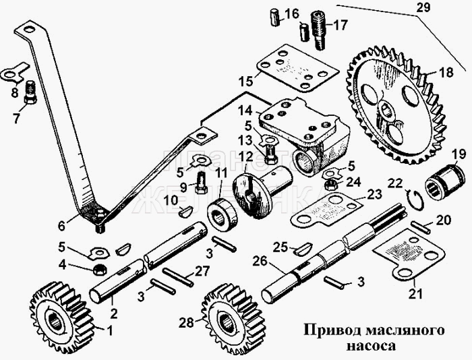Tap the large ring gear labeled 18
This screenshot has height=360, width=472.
(x=398, y=108)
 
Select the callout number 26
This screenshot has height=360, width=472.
(x=260, y=260)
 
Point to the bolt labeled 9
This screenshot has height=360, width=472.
(x=202, y=181)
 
